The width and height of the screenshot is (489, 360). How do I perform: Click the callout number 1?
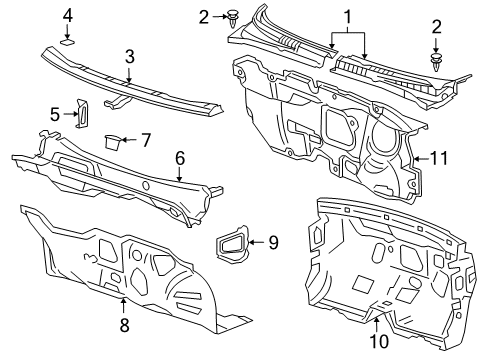pyautogui.click(x=347, y=17)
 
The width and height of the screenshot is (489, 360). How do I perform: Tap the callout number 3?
pyautogui.click(x=130, y=57)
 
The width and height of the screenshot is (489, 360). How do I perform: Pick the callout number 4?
pyautogui.click(x=68, y=14)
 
